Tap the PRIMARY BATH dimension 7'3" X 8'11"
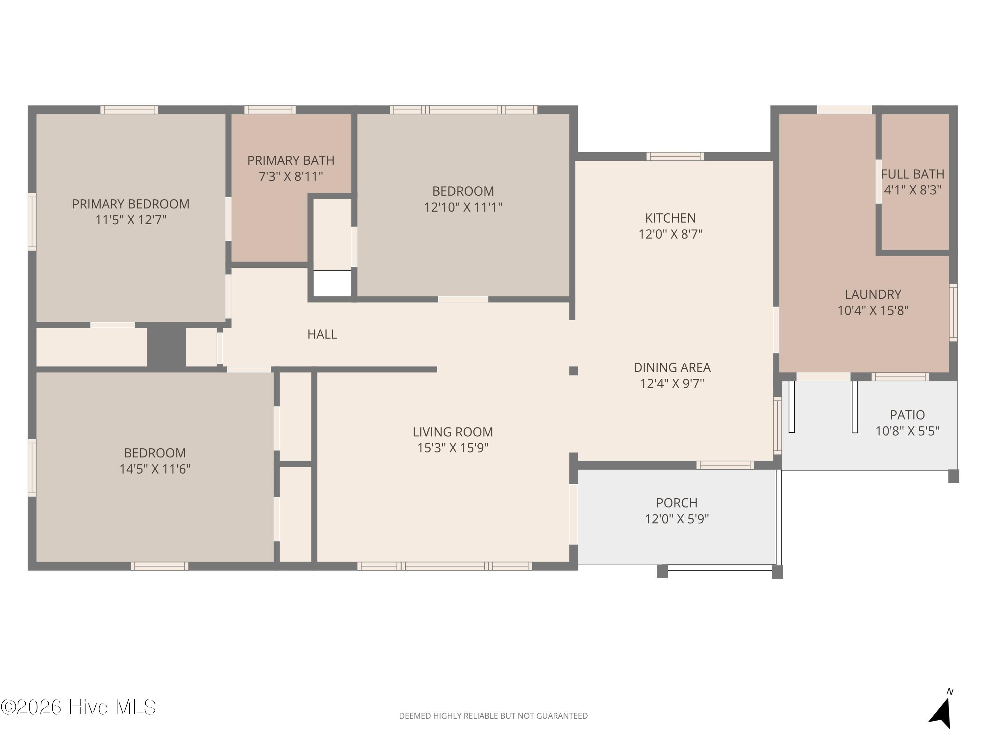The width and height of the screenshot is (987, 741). coord(291,177)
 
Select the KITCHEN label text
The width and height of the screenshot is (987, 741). coord(670,218)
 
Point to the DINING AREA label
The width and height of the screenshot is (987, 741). coord(672,368)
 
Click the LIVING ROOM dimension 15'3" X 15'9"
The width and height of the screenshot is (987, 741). coord(453,448)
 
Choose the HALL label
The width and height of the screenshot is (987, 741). coord(322,334)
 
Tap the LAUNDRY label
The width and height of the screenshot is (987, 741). coord(873,294)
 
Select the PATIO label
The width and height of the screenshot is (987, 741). coord(907,415)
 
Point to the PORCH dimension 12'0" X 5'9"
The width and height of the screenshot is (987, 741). coord(677,519)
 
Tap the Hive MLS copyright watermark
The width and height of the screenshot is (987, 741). coord(79,707)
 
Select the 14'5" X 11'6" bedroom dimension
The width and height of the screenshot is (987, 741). coord(155,469)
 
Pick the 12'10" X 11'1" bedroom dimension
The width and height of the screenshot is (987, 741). coord(463,207)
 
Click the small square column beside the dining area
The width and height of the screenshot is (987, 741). coord(573,371)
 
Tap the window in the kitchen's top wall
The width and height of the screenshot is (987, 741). coord(675,156)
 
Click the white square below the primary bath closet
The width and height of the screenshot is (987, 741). coord(332,283)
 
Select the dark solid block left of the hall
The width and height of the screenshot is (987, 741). coord(166,347)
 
